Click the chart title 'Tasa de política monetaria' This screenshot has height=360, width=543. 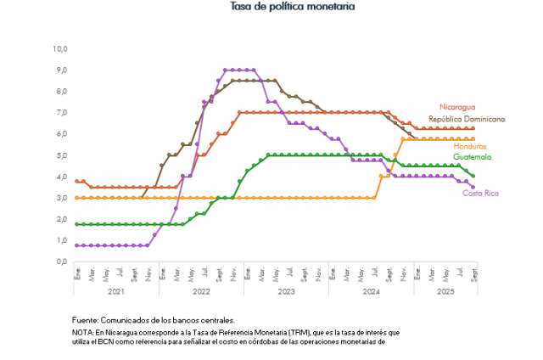tap(291, 7)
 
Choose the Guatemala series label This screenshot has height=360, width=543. tap(479, 157)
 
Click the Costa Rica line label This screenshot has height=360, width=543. tap(480, 194)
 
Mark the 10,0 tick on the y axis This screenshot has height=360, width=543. tap(60, 48)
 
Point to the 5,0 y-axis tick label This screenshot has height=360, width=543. tap(60, 155)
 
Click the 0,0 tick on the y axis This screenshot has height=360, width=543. tap(60, 262)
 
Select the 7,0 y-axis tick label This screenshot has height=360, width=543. tap(60, 113)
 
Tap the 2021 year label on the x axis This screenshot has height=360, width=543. tap(115, 291)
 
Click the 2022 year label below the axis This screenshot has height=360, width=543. tap(201, 291)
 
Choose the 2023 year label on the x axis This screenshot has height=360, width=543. tap(286, 291)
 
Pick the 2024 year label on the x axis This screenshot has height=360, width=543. tap(371, 291)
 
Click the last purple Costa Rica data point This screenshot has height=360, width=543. tap(473, 188)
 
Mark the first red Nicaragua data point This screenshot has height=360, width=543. tap(76, 182)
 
